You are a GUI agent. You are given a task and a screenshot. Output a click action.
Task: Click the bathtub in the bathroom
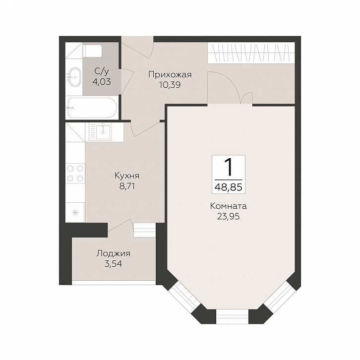pos(92,108)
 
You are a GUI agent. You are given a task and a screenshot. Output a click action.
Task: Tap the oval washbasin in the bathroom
pos(74,77)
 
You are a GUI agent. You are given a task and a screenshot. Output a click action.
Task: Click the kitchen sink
pos(103,131)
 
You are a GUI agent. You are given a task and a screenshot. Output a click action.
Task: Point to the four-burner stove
pos(75,173)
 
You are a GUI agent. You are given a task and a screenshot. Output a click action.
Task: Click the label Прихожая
pos(170,74)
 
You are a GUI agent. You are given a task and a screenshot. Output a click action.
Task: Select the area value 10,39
pos(170,85)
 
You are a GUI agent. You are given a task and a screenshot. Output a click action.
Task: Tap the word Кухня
pos(127,176)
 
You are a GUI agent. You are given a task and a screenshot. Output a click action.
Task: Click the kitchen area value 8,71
pos(127,186)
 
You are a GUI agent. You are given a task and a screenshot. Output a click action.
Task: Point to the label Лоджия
pos(114,253)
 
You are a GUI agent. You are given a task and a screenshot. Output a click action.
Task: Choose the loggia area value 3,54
pos(114,264)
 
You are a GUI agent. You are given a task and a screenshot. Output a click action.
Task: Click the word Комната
pos(229,206)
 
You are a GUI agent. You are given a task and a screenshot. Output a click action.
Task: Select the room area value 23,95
pos(229,216)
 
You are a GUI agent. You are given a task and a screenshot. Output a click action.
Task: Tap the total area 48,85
pos(229,187)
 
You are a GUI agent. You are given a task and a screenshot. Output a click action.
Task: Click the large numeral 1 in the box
pos(228,168)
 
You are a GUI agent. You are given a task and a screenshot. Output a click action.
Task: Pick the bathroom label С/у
pos(101,71)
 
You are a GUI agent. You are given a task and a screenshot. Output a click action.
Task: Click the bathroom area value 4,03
pos(101,82)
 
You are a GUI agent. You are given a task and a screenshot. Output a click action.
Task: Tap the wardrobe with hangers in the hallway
pos(251,53)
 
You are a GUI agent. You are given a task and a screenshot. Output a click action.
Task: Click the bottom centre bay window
pos(233,316)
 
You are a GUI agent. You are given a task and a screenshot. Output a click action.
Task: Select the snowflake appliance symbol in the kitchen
pos(75,213)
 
